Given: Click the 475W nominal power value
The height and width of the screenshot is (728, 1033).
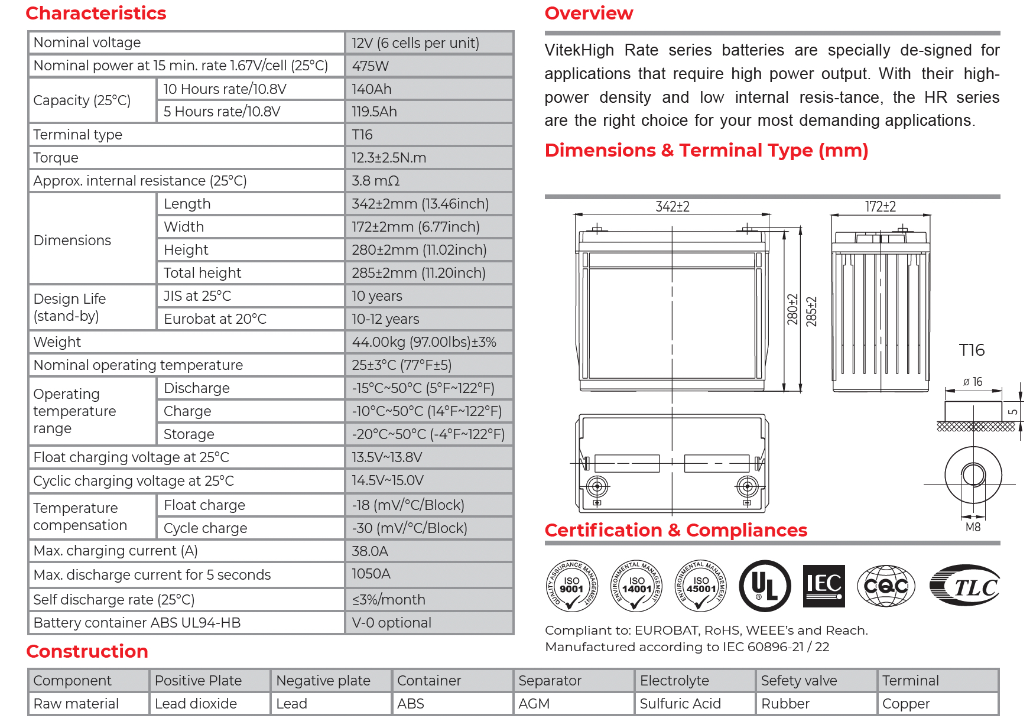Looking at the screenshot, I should pos(371,66).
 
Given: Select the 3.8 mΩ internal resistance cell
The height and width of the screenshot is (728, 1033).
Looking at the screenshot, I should pos(376,181).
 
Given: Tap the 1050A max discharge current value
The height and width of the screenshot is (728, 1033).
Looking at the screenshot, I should pos(371,574).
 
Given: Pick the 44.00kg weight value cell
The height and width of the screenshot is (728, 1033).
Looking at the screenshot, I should pos(424,342).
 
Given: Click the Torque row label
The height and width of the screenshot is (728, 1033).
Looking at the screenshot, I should pos(56,158).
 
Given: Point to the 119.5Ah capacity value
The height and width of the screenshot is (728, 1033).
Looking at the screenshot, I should pos(374,112).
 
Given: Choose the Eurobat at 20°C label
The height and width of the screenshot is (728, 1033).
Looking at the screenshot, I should pos(215,319).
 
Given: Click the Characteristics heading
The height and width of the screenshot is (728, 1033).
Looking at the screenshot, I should pos(96,13).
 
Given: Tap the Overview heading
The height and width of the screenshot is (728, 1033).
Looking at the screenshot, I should pos(589,13).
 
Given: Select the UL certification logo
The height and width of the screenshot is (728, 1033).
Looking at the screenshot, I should pos(765,586).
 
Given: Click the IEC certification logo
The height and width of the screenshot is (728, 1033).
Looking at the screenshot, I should pos(824,586).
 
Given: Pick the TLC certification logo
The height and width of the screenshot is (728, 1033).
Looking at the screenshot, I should pos(964,586).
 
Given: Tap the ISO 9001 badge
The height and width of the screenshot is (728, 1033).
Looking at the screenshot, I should pos(571,586).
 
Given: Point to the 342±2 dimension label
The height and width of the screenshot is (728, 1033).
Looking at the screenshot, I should pos(673,207).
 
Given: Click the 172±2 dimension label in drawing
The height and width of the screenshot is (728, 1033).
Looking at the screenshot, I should pos(880,207).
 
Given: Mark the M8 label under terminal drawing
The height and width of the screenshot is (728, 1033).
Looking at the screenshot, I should pos(973,527).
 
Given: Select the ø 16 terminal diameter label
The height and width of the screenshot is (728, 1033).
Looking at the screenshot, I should pos(973,382).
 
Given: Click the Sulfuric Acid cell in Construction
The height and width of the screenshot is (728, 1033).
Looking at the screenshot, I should pos(680,704).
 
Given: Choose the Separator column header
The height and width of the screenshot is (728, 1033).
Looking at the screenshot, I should pos(550,681).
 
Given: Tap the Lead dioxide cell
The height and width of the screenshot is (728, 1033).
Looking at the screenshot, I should pos(196,704).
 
